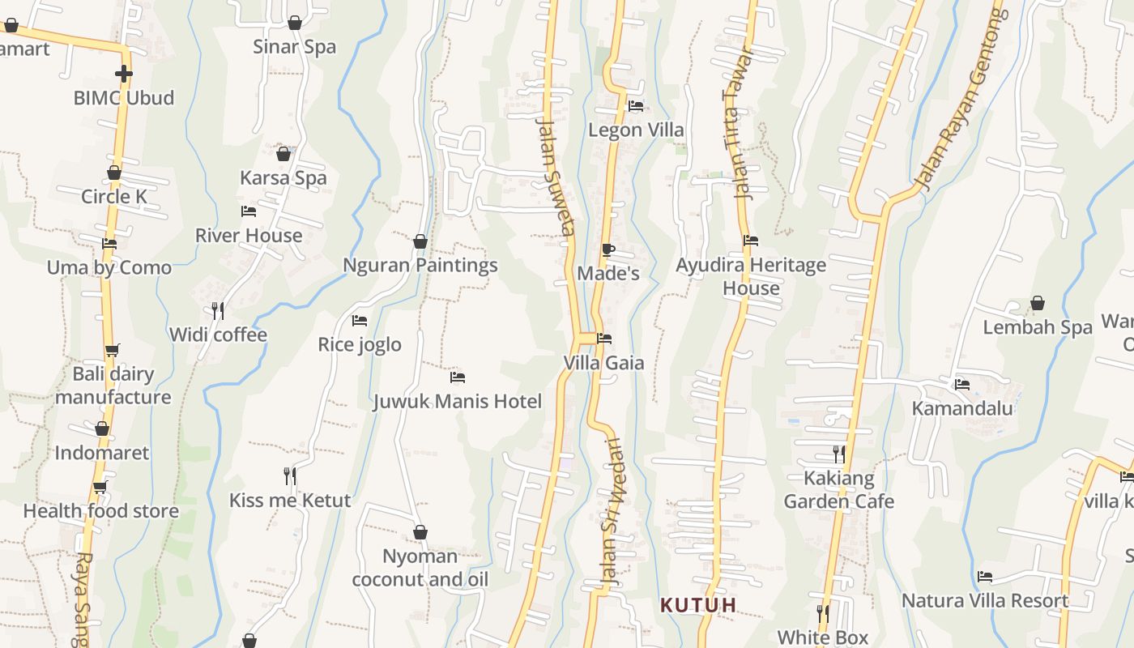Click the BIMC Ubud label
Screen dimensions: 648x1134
click(x=124, y=98)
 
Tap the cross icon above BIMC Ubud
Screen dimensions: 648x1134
click(x=123, y=74)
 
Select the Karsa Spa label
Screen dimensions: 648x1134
click(x=283, y=178)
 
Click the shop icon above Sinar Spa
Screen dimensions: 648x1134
click(x=295, y=23)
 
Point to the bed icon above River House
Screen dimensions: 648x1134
click(x=249, y=211)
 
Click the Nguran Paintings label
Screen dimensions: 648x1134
click(x=420, y=266)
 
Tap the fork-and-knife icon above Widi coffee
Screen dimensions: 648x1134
click(x=217, y=310)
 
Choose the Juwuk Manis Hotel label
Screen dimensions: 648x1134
click(x=458, y=402)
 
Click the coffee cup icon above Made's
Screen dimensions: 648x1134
click(x=607, y=249)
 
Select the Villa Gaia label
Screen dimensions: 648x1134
click(x=604, y=363)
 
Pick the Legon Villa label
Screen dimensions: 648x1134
click(x=636, y=130)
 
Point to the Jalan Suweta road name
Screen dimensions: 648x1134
click(x=555, y=174)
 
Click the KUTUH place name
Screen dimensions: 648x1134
click(x=698, y=605)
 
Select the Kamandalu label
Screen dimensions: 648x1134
click(x=962, y=408)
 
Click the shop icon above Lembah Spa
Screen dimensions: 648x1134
click(x=1038, y=304)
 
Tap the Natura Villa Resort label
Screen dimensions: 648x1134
click(x=985, y=601)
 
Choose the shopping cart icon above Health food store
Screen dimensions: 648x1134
click(x=100, y=487)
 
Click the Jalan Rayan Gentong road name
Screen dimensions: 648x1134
click(x=960, y=97)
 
